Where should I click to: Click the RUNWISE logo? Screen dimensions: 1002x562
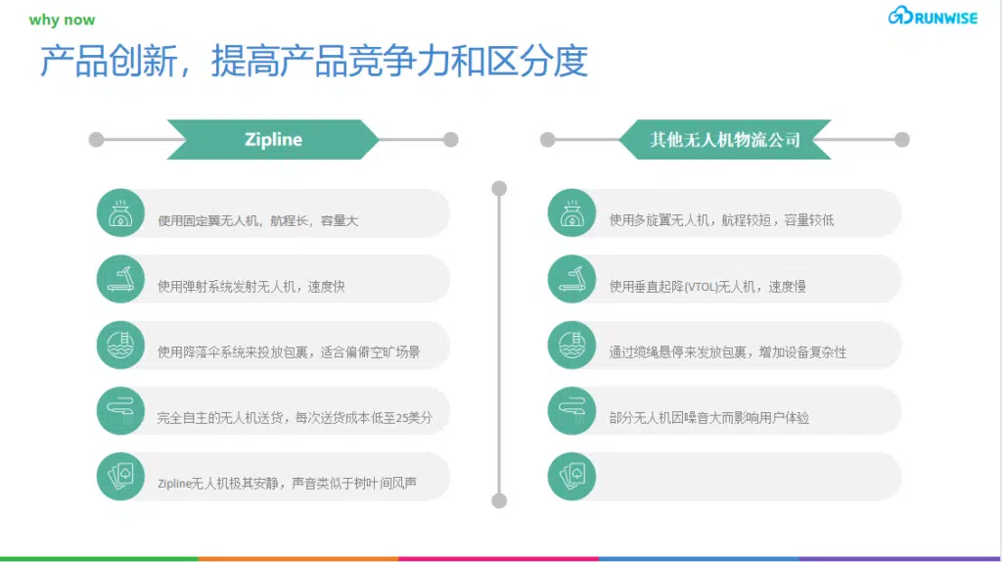click(x=933, y=16)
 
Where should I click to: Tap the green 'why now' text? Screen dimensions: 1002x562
click(x=62, y=20)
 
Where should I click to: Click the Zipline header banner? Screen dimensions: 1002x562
click(x=273, y=139)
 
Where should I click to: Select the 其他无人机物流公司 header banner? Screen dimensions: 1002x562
click(x=725, y=139)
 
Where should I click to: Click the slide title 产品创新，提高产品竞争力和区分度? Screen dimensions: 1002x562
click(x=313, y=61)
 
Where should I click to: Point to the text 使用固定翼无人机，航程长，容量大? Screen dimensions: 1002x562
click(x=257, y=220)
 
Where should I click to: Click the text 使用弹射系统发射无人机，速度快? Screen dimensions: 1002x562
click(x=251, y=287)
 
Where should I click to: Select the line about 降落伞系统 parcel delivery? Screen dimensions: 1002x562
click(x=289, y=352)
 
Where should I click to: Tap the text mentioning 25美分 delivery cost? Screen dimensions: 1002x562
click(x=295, y=418)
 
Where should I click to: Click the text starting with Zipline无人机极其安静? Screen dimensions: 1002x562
click(x=287, y=484)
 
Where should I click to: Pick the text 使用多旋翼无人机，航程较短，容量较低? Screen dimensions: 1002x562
click(x=721, y=220)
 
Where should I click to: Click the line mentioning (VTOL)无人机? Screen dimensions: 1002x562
click(x=707, y=287)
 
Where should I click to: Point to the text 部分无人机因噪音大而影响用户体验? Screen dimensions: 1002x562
click(x=709, y=418)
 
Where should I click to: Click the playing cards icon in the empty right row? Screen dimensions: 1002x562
click(x=571, y=476)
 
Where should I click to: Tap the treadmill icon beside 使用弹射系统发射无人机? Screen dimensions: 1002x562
click(x=120, y=279)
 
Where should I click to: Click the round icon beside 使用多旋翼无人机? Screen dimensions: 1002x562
click(x=571, y=213)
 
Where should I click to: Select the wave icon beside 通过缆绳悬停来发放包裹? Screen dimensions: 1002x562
click(x=571, y=346)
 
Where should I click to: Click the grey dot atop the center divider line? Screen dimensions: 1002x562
click(x=499, y=188)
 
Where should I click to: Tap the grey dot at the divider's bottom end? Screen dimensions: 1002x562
click(x=499, y=500)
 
